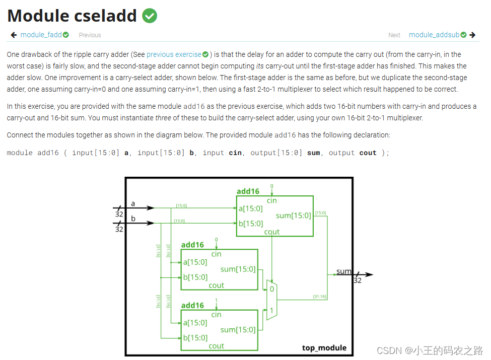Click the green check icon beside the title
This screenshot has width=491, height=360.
[x=150, y=16]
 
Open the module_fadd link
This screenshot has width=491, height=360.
[x=41, y=35]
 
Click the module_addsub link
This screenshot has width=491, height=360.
[x=434, y=35]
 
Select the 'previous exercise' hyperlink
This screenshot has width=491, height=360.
[x=174, y=54]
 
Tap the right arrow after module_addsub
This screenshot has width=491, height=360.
[x=472, y=35]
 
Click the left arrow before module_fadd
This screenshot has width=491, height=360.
[x=14, y=35]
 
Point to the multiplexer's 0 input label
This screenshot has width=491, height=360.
[x=271, y=289]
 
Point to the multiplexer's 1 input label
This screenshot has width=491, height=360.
[x=271, y=311]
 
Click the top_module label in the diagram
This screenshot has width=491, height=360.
[x=324, y=348]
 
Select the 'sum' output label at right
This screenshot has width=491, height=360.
[x=343, y=271]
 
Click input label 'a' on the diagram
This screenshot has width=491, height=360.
[x=133, y=203]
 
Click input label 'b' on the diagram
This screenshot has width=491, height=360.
[x=133, y=219]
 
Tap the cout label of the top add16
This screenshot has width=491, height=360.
[x=272, y=232]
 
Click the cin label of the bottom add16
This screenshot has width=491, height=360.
[x=217, y=315]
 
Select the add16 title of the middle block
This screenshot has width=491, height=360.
[x=192, y=245]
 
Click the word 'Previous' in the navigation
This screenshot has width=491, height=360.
[x=90, y=35]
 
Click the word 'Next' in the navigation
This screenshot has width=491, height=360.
[x=394, y=35]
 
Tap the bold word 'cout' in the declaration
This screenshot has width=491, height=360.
[x=368, y=153]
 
